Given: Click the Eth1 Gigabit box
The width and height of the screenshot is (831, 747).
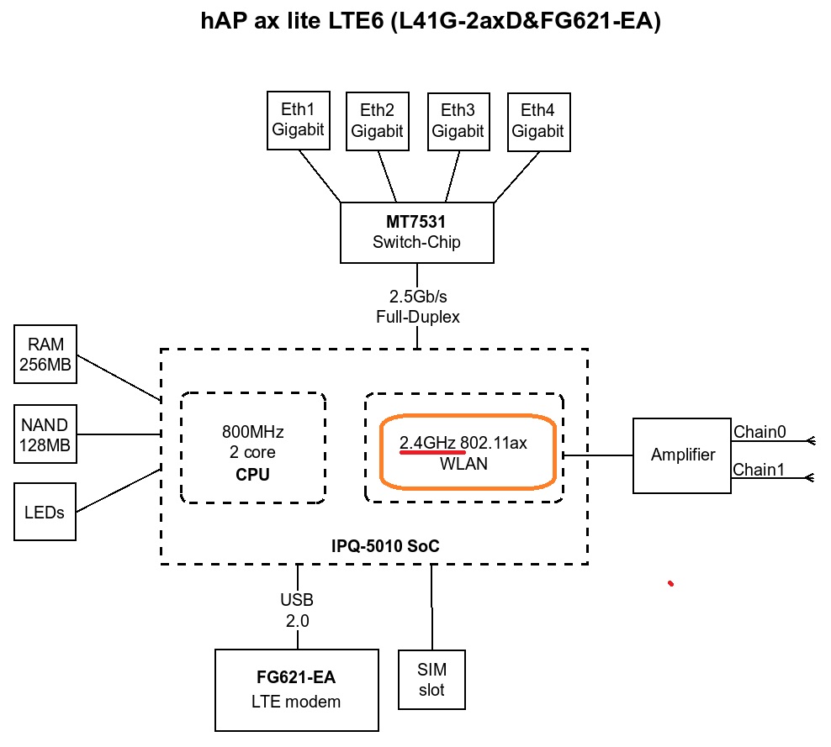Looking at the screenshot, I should pos(297,121).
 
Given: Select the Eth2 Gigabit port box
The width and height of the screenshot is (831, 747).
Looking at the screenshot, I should pos(377,121).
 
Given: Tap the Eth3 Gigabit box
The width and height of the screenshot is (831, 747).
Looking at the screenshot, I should pos(458,121).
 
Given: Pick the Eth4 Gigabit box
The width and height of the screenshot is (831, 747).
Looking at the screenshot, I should pos(538,121).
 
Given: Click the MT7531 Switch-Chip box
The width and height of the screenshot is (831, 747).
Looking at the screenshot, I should pos(416,233).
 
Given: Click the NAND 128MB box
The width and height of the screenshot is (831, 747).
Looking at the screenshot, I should pos(45,434).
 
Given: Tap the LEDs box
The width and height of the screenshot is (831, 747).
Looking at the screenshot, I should pos(45,512).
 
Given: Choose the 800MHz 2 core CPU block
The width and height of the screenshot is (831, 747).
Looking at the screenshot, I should pos(252,452).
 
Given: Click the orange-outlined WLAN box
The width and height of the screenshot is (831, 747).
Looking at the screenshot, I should pos(467,452).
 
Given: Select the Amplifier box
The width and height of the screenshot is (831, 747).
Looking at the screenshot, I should pos(682,455).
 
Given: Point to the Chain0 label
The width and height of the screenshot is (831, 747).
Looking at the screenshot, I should pos(760,432).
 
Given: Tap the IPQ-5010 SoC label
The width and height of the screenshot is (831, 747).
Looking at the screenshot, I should pos(385,546).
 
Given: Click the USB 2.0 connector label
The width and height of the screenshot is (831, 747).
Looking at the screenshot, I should pos(296,611).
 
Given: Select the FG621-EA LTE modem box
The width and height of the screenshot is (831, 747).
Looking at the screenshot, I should pos(298,689).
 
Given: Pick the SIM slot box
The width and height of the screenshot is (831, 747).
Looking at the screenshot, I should pos(432,680).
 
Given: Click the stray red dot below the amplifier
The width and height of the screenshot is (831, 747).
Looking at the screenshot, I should pos(670,582).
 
